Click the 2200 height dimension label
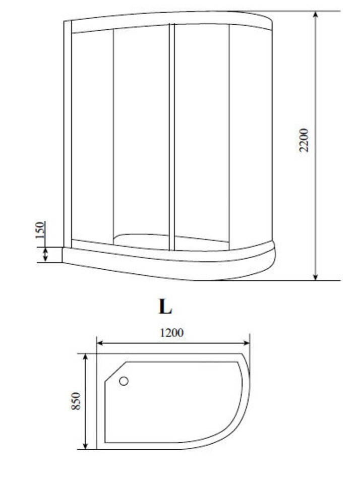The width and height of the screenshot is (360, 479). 304,140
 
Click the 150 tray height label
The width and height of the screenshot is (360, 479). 40,230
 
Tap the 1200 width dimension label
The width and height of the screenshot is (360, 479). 172,332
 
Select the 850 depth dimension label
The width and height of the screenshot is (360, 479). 76,401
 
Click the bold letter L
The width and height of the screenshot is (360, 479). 165,307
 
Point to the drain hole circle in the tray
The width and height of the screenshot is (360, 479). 124,381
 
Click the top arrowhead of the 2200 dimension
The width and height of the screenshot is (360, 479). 316,15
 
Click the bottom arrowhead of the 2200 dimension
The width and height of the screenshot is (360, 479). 316,276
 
